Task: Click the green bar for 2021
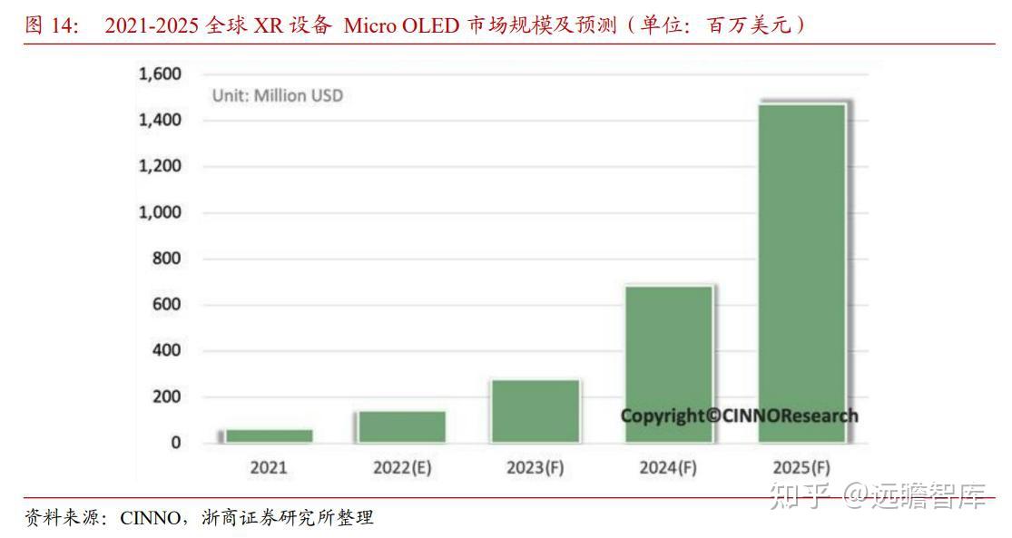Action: tap(269, 435)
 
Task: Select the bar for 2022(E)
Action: tap(401, 426)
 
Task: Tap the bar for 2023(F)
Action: tap(535, 411)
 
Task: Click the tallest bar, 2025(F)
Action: tap(801, 273)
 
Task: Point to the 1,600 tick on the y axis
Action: tap(160, 74)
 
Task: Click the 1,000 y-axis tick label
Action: tap(160, 212)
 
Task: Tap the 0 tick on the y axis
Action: tap(175, 443)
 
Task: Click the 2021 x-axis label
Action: tap(269, 468)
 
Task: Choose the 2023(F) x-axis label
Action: tap(535, 468)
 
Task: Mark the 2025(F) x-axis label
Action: tap(801, 468)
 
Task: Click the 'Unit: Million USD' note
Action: tap(278, 95)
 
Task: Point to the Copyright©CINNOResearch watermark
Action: tap(739, 416)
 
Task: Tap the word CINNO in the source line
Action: tap(150, 519)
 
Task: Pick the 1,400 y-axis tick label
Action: tap(160, 120)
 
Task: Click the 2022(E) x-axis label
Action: tap(401, 468)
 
